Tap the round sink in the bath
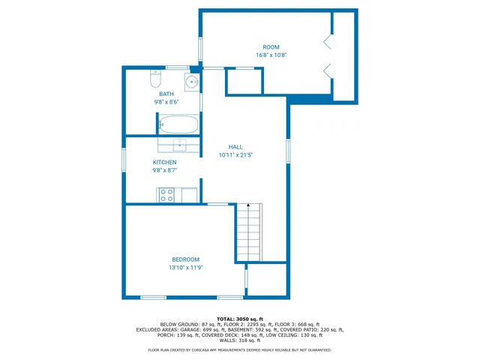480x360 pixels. [193, 82]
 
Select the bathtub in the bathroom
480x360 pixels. [178, 124]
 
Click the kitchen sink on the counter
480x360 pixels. [180, 145]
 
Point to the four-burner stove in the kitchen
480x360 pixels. [167, 195]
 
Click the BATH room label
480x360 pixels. [166, 94]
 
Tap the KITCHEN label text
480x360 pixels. [165, 162]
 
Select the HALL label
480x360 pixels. [235, 147]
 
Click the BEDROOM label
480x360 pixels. [186, 259]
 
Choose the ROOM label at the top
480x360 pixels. [271, 46]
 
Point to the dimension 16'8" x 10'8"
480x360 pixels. [271, 55]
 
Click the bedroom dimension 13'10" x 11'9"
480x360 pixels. [186, 268]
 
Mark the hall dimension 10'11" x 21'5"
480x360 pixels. [235, 155]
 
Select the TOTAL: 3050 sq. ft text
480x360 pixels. [240, 318]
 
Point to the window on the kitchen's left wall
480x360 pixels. [124, 160]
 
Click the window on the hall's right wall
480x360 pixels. [287, 150]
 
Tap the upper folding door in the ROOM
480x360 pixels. [327, 42]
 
